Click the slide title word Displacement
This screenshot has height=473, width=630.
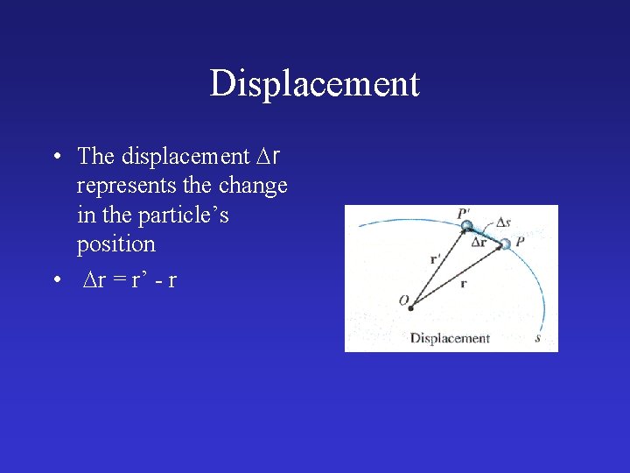click(315, 84)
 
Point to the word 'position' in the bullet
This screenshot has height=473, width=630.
click(115, 244)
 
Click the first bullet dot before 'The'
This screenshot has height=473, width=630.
click(55, 157)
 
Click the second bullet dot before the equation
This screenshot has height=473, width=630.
click(55, 280)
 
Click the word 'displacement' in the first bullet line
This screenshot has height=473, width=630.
click(185, 157)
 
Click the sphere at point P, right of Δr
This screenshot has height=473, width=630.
click(505, 244)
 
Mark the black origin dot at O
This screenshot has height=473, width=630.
click(410, 307)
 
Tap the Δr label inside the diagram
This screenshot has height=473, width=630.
click(479, 243)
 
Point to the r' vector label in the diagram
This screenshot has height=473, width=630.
click(437, 258)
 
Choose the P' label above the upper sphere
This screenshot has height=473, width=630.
click(464, 213)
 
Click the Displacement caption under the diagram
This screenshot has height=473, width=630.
click(450, 338)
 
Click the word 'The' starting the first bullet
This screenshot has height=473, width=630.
click(95, 157)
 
